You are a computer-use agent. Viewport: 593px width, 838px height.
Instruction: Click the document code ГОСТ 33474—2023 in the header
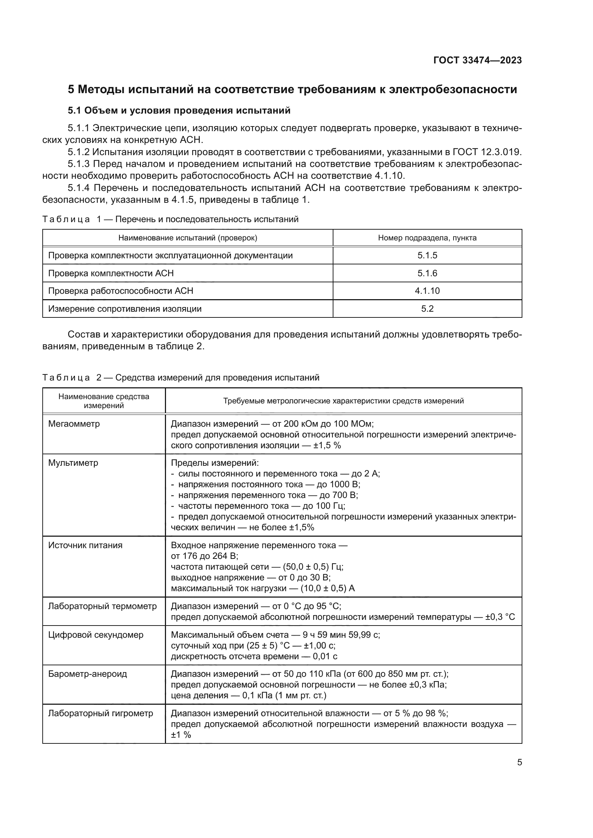[477, 60]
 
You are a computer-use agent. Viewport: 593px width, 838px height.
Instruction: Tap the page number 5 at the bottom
[519, 762]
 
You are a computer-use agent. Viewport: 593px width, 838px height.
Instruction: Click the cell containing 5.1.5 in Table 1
[427, 255]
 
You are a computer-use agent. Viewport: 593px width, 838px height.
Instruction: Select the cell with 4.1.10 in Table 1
[427, 291]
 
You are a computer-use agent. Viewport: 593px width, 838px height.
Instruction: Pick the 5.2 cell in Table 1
[427, 309]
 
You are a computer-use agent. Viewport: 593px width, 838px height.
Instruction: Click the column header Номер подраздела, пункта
[427, 238]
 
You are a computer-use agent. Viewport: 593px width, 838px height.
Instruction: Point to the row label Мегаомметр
[74, 424]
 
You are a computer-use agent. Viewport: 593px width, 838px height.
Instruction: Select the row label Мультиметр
[73, 463]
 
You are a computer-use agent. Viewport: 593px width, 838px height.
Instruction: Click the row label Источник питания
[85, 545]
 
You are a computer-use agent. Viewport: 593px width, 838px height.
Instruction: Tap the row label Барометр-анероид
[87, 674]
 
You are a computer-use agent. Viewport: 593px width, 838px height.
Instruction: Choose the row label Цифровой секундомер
[96, 635]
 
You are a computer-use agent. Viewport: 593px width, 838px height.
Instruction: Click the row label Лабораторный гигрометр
[100, 713]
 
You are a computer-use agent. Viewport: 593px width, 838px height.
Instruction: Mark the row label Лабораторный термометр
[102, 606]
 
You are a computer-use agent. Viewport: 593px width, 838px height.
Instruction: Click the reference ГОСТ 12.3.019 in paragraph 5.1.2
[487, 152]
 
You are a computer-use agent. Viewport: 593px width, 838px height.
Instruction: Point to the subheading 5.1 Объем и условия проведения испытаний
[179, 110]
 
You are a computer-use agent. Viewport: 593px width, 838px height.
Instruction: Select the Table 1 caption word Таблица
[66, 219]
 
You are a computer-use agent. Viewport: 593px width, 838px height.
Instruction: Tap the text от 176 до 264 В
[204, 556]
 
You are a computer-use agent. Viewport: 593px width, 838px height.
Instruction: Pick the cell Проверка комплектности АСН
[111, 273]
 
